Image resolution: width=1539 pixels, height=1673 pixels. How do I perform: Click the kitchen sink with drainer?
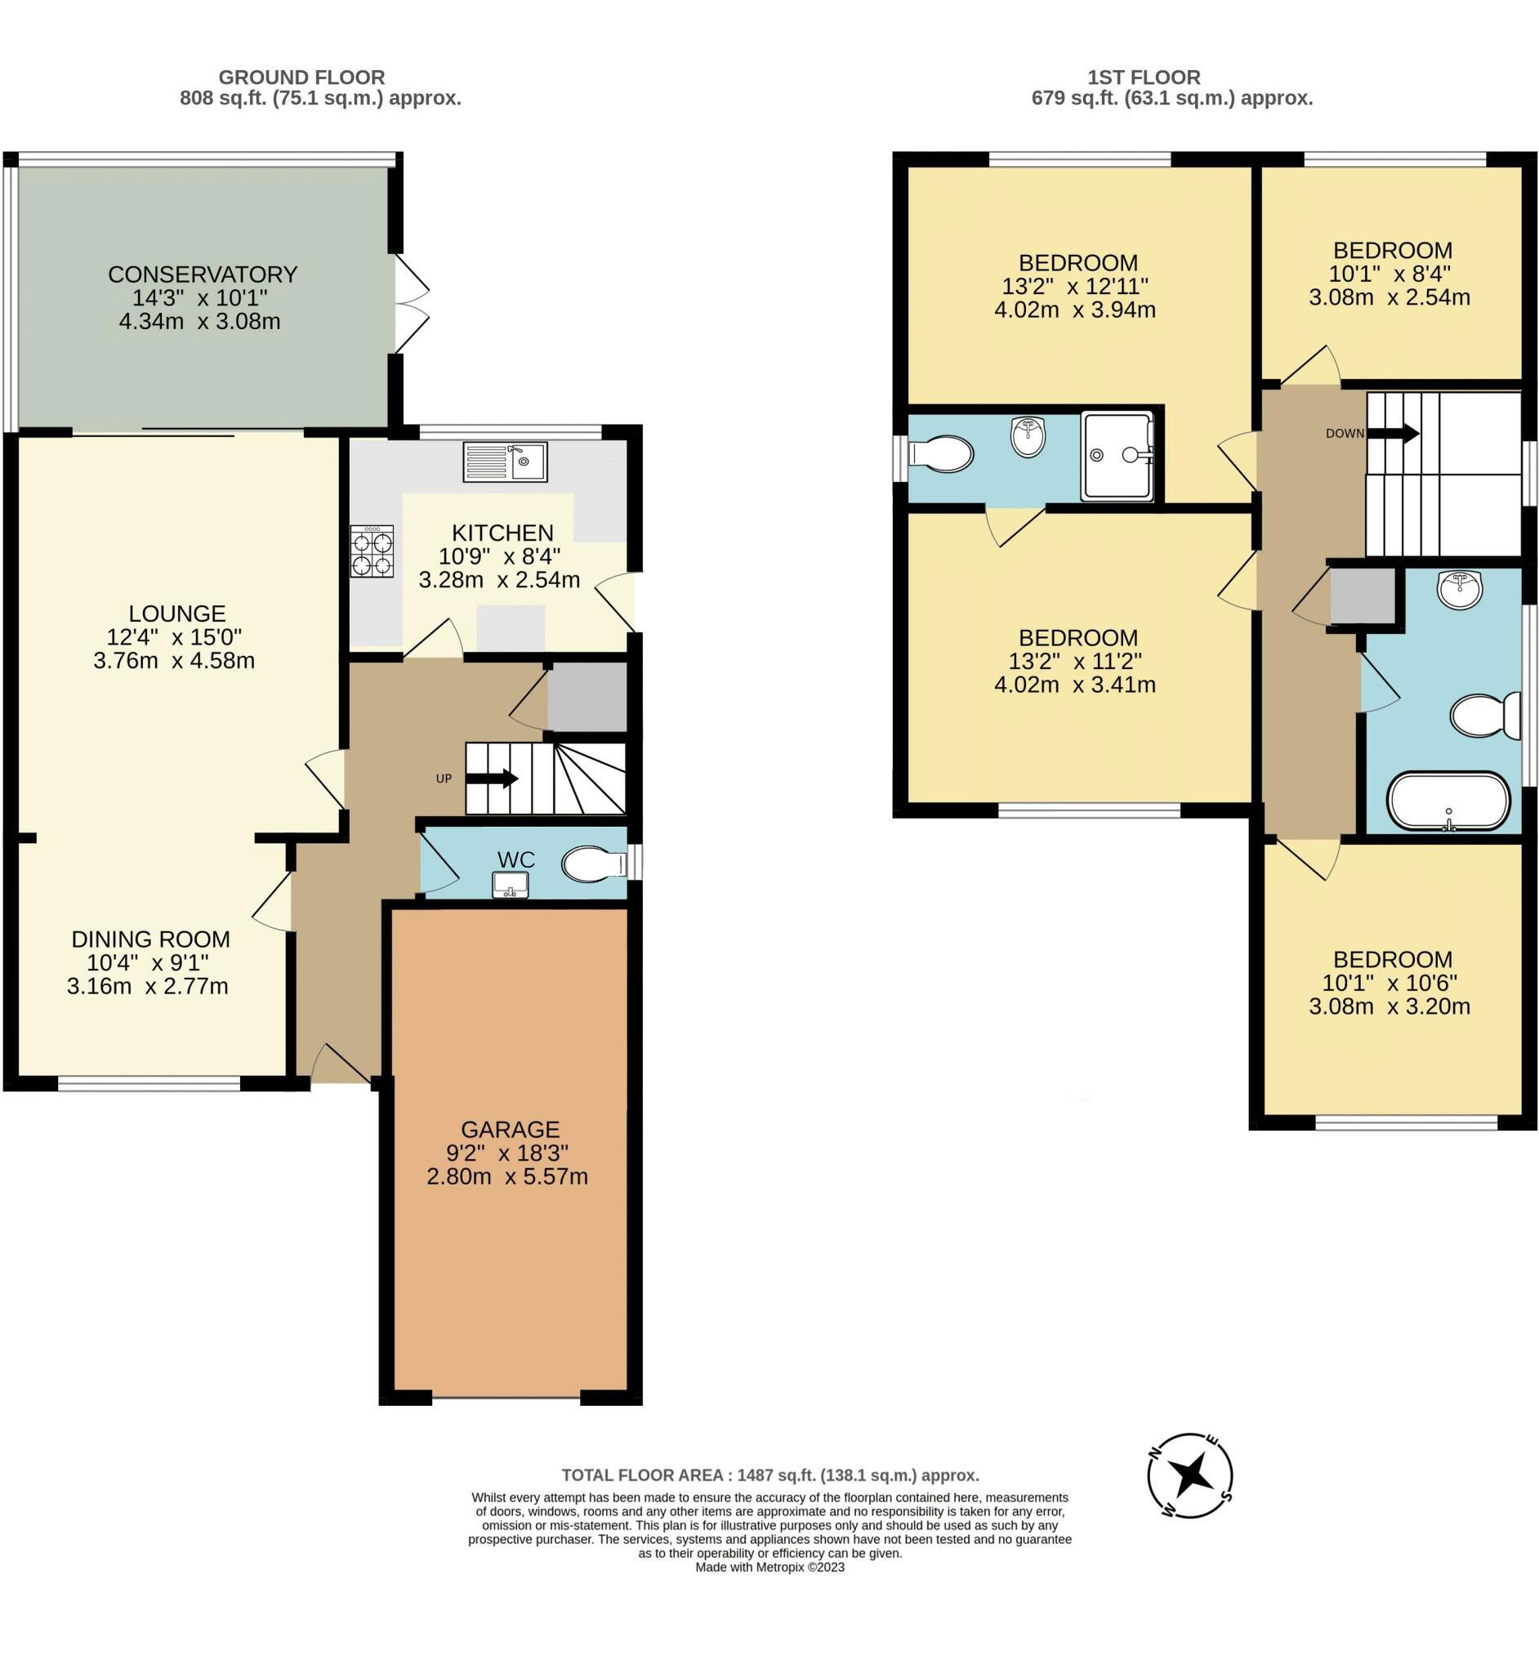pyautogui.click(x=505, y=462)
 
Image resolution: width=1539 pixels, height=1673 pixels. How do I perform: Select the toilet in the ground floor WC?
pyautogui.click(x=594, y=864)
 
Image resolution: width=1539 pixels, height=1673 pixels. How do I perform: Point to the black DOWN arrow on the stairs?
pyautogui.click(x=1394, y=433)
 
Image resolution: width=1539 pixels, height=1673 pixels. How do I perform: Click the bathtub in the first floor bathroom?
pyautogui.click(x=1448, y=802)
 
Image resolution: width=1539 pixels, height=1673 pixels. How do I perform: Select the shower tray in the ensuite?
pyautogui.click(x=1117, y=456)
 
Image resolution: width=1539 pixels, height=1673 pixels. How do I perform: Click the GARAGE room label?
pyautogui.click(x=510, y=1130)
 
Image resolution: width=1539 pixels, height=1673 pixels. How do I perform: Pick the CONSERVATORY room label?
pyautogui.click(x=203, y=274)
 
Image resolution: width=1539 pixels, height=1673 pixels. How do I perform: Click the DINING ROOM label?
pyautogui.click(x=151, y=939)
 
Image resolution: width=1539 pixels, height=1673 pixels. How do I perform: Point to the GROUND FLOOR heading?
pyautogui.click(x=301, y=78)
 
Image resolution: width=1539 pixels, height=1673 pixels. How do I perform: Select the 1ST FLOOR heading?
pyautogui.click(x=1144, y=78)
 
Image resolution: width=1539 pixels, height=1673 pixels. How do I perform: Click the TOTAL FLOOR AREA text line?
pyautogui.click(x=769, y=1475)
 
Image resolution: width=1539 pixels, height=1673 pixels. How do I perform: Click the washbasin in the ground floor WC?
pyautogui.click(x=511, y=885)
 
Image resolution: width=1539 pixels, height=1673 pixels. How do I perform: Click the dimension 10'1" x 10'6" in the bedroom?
pyautogui.click(x=1392, y=983)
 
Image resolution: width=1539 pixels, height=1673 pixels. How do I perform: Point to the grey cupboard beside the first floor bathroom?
pyautogui.click(x=1363, y=596)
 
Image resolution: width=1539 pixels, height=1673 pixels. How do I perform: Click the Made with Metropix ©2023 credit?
pyautogui.click(x=769, y=1568)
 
